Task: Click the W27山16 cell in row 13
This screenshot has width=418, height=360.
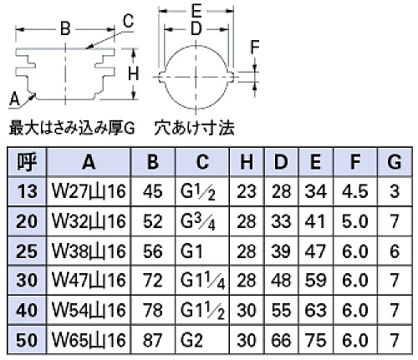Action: coord(89,191)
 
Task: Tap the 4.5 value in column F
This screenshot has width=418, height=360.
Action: coord(355,191)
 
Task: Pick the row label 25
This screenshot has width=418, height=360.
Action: coord(27,251)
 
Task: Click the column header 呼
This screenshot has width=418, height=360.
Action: coord(27,162)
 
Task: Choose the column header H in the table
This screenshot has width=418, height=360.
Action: coord(247,162)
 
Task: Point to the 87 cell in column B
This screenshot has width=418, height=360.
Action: coord(153,340)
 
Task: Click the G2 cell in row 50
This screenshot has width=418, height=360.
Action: coord(191,340)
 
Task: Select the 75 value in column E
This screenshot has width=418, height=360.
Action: coord(315,340)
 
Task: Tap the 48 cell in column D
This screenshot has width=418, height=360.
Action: coord(281,281)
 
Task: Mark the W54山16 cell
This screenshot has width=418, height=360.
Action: coord(89,310)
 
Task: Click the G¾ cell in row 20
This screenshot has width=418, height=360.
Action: coord(198,222)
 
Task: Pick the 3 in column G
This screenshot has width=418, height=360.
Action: coord(395,191)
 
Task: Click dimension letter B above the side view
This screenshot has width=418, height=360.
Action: coord(65,28)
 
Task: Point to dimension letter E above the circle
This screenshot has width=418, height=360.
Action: coord(196,11)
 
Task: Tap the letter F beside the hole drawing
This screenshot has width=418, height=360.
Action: coord(255,47)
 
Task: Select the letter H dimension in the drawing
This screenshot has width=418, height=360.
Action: coord(134,74)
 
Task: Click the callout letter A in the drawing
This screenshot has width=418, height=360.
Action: coord(15,99)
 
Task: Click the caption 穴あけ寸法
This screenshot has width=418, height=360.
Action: coord(194,128)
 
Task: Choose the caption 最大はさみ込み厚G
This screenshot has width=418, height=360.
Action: coord(72,129)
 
